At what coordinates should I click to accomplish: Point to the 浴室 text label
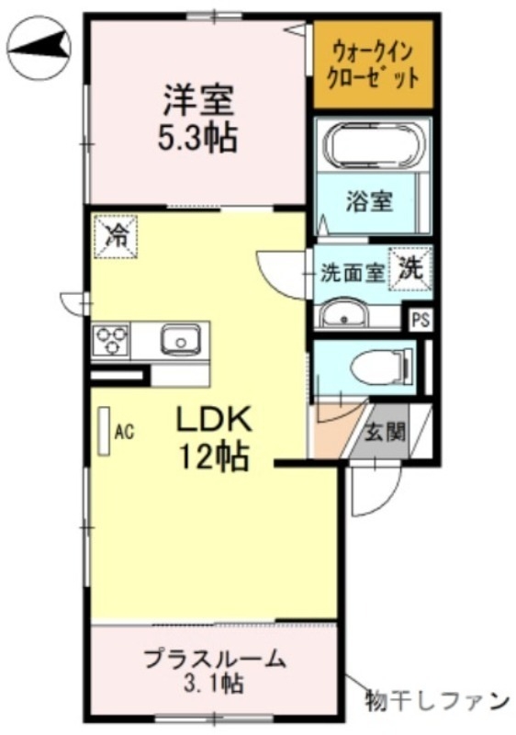coord(369,202)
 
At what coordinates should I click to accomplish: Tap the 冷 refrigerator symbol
coord(117,235)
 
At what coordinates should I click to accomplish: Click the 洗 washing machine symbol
coord(412,268)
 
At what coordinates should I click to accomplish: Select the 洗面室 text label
coord(351,273)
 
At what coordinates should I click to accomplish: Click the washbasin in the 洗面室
coord(343,316)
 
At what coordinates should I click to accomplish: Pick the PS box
coord(421,320)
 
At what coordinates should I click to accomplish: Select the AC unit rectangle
coord(105,430)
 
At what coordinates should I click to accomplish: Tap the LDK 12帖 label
coord(213,436)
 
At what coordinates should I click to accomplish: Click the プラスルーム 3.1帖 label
coord(214,671)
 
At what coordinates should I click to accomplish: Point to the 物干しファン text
coord(435,700)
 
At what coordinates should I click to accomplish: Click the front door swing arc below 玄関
coord(374,492)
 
